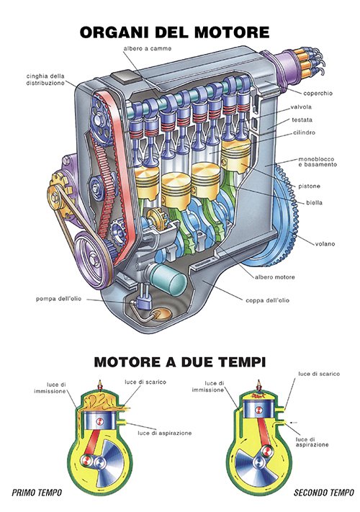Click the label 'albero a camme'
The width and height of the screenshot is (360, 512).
point(147,49)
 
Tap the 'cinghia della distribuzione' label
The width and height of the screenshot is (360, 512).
point(45,80)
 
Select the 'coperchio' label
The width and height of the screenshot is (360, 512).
point(318,94)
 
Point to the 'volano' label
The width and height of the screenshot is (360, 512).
point(325,243)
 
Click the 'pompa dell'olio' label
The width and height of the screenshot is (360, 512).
point(59,299)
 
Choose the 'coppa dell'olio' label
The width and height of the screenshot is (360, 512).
point(267,300)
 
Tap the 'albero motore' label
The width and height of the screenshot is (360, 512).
point(275,277)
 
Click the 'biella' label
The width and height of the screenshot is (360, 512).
point(315,203)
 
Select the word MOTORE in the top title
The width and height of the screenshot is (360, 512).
point(232,32)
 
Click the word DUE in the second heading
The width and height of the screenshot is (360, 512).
point(192,362)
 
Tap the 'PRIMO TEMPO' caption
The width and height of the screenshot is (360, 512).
point(37,493)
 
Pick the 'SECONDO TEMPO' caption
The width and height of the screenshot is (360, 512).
point(324,493)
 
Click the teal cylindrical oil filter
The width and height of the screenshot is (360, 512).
point(168,279)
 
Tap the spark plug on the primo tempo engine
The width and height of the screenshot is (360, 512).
point(100,385)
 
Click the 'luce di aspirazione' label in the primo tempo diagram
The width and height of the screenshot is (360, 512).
point(164,434)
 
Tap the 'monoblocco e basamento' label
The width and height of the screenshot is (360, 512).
point(318,162)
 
